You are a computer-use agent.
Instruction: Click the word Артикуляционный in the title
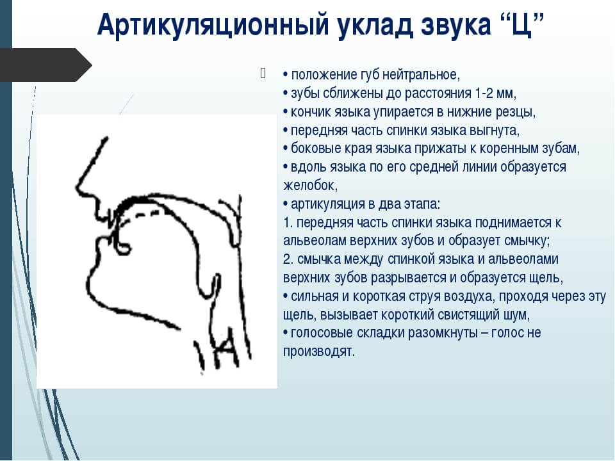pyautogui.click(x=213, y=25)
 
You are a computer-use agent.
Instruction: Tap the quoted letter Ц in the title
pyautogui.click(x=522, y=24)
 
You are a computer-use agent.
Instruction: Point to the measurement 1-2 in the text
pyautogui.click(x=484, y=93)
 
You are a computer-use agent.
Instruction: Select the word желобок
pyautogui.click(x=310, y=186)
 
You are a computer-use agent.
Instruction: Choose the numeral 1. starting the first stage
pyautogui.click(x=288, y=222)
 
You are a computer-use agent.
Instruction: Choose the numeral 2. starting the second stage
pyautogui.click(x=288, y=259)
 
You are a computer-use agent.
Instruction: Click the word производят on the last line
pyautogui.click(x=319, y=352)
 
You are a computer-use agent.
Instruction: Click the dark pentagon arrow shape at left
pyautogui.click(x=46, y=65)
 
